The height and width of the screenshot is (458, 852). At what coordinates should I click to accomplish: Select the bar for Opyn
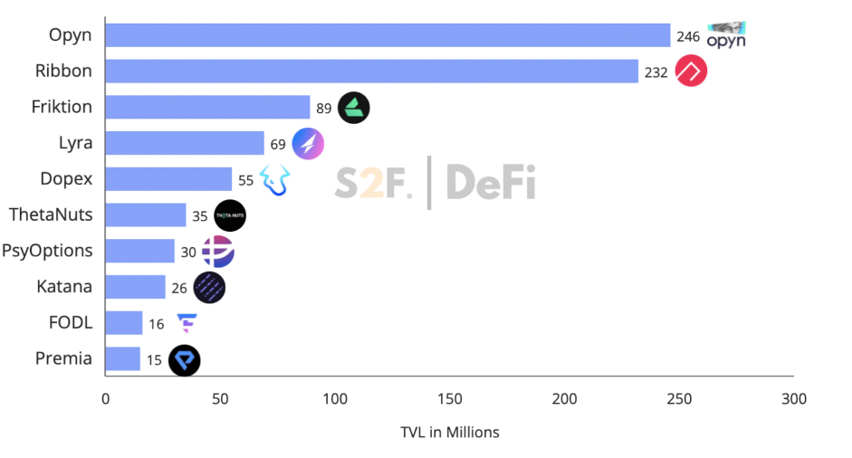point(388,35)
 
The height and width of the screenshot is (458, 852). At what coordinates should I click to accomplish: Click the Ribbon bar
point(371,72)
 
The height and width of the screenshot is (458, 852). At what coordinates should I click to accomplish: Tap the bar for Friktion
point(207,107)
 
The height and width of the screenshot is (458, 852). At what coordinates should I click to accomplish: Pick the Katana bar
point(135,287)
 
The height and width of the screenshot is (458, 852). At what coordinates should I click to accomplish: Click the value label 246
point(688,37)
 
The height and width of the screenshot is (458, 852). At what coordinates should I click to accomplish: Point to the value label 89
point(323,109)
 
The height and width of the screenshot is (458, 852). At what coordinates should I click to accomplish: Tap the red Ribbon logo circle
point(691,72)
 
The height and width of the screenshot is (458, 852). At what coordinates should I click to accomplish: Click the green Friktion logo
point(353,108)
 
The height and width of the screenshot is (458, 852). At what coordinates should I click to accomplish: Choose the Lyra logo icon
point(308,143)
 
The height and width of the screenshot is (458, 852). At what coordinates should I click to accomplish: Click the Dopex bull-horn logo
point(275,179)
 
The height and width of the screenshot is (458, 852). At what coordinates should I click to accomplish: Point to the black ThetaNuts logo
point(230,215)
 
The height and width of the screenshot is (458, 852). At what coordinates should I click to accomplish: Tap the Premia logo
point(185,360)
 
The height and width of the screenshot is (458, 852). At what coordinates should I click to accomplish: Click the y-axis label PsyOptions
point(47,251)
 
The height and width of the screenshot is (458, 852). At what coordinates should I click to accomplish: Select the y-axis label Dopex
point(66,178)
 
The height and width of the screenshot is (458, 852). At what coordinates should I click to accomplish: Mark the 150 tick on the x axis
point(450,399)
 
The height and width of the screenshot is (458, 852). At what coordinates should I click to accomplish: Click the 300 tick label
point(794,399)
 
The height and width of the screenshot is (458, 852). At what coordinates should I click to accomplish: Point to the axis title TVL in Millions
point(449,432)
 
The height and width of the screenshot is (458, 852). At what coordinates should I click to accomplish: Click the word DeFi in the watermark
point(490,182)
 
